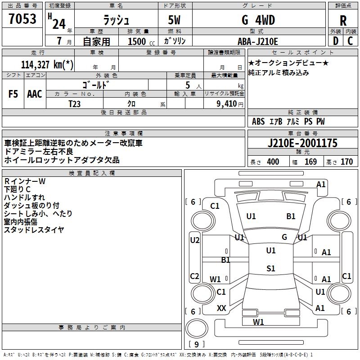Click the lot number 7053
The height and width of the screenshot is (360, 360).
click(x=22, y=18)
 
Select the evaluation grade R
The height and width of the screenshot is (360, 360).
click(x=343, y=21)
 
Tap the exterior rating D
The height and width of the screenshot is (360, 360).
click(x=335, y=41)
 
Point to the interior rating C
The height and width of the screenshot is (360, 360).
click(x=350, y=41)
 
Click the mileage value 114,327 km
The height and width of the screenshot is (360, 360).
click(x=47, y=64)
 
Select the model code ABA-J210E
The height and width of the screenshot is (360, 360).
click(x=257, y=41)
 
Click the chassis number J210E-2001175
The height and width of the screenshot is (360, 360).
click(x=302, y=143)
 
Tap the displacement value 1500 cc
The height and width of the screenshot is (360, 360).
click(x=141, y=41)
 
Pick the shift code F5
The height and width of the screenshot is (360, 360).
click(x=13, y=94)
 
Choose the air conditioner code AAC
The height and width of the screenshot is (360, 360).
click(x=35, y=94)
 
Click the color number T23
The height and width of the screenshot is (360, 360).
click(x=74, y=104)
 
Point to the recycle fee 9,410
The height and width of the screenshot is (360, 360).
click(x=227, y=104)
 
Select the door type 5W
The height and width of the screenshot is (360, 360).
click(x=174, y=20)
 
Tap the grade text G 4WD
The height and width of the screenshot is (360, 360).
click(x=258, y=20)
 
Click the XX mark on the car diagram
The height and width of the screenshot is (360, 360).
click(x=221, y=308)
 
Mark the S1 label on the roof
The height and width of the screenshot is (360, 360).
click(x=271, y=268)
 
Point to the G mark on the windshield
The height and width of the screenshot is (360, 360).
click(x=284, y=237)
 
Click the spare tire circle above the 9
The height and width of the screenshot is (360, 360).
click(x=197, y=328)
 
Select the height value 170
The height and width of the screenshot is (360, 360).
click(x=346, y=162)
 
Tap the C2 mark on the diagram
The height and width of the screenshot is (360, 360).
click(x=194, y=276)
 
